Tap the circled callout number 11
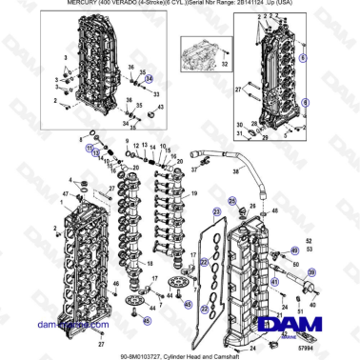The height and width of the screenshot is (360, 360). point(94,150)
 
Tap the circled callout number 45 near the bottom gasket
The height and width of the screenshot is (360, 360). point(188,306)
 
